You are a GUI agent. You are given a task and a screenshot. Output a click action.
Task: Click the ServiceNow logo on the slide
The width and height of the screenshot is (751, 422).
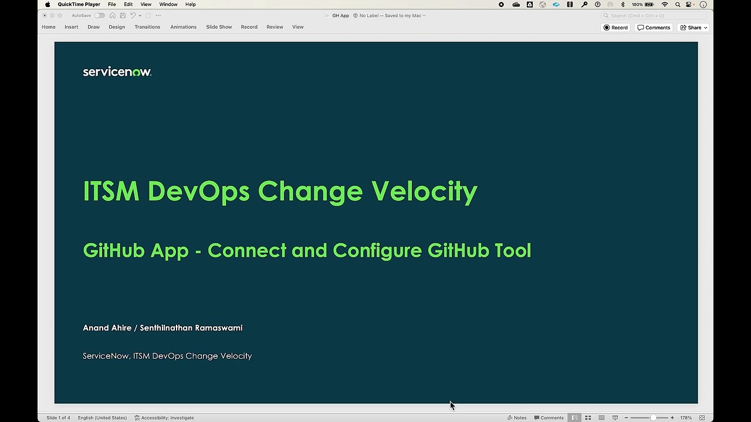pos(117,72)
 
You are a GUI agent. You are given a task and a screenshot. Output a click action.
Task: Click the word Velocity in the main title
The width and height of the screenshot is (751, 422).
pos(424,192)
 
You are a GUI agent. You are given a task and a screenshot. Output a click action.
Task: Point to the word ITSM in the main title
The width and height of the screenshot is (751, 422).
pos(111,192)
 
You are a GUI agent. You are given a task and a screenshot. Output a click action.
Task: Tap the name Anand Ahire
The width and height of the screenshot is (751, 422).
pos(107,328)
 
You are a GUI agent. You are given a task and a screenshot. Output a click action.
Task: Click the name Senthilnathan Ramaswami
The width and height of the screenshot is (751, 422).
pos(191,328)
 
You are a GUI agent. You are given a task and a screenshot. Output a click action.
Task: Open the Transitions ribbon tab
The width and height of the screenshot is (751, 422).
pos(147,27)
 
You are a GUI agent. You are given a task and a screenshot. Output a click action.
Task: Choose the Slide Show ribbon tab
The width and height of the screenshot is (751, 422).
pos(219,27)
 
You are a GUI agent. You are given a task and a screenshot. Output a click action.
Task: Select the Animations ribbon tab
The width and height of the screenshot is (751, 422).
pos(183,27)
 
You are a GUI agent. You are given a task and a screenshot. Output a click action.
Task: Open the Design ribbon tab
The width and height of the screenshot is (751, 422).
pos(117,27)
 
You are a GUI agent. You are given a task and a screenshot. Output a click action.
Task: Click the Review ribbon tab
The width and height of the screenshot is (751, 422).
pos(275,27)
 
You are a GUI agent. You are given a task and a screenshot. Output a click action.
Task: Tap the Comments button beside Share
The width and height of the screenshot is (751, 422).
pos(654,28)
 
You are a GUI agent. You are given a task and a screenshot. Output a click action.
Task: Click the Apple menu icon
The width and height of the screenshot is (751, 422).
pos(48,5)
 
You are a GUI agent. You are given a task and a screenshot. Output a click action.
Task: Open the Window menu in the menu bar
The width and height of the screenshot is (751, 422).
pos(168,5)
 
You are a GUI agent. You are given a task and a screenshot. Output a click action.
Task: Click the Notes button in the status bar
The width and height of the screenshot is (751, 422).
pos(517,418)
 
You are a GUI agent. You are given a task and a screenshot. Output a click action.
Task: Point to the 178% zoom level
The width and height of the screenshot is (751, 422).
pos(686,418)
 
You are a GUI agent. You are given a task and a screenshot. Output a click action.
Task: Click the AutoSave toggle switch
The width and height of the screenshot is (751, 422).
pos(100,16)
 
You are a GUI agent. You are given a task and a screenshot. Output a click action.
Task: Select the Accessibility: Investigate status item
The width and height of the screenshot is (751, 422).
pos(164,418)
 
